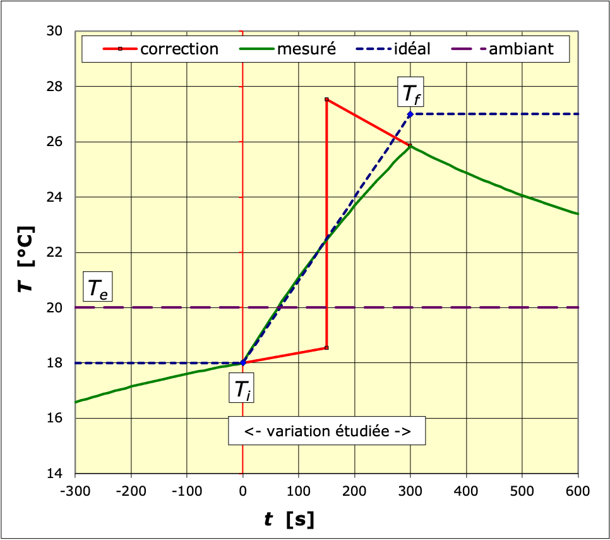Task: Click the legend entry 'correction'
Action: pyautogui.click(x=160, y=49)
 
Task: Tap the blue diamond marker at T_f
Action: pyautogui.click(x=410, y=114)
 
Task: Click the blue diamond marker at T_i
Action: pyautogui.click(x=243, y=363)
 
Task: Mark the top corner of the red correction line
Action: pyautogui.click(x=326, y=99)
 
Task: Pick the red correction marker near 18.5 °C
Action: pyautogui.click(x=326, y=348)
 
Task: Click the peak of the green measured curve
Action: pyautogui.click(x=410, y=145)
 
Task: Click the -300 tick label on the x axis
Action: pyautogui.click(x=75, y=491)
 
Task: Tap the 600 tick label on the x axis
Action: pyautogui.click(x=577, y=491)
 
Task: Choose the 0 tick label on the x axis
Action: pyautogui.click(x=243, y=491)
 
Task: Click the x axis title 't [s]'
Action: pyautogui.click(x=290, y=520)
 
